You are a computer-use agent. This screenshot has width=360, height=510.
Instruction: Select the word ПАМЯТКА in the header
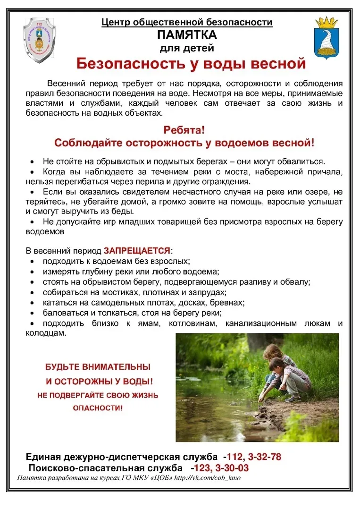click(x=187, y=35)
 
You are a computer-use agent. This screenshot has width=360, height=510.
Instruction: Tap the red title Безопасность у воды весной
click(x=191, y=63)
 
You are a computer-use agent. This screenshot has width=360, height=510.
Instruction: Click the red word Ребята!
click(x=184, y=130)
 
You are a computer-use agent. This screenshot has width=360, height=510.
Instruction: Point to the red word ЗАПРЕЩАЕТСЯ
click(x=137, y=250)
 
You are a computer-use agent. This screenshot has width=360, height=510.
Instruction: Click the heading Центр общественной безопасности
click(x=187, y=22)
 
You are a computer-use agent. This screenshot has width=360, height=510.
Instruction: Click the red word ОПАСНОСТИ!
click(x=98, y=407)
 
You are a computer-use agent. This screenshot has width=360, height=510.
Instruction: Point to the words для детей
click(x=187, y=48)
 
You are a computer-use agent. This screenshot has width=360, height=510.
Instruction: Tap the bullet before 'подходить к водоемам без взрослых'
click(x=32, y=261)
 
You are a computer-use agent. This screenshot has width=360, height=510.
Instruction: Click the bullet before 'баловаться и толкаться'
click(x=32, y=313)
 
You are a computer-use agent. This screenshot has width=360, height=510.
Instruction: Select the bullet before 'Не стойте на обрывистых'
click(x=32, y=161)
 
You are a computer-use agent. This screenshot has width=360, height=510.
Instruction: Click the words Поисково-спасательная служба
click(x=106, y=468)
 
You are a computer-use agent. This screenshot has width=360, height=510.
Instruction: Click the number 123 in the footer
click(x=201, y=468)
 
